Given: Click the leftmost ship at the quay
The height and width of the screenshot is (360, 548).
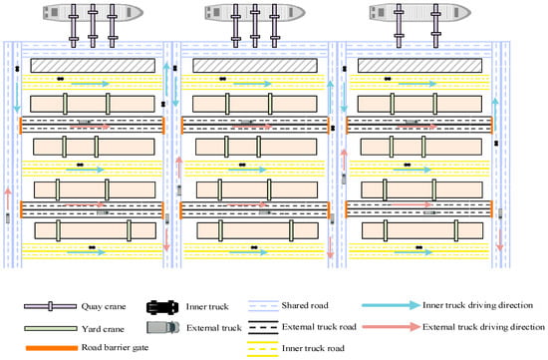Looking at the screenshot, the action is tap(93, 13).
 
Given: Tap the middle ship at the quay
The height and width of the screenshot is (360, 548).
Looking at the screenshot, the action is tap(255, 13).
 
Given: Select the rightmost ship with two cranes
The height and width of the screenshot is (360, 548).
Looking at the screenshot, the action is tap(420, 13).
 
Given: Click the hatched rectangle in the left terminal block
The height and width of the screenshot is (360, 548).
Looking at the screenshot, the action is tap(93, 66).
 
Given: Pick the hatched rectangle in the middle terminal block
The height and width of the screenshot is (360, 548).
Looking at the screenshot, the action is tap(255, 66).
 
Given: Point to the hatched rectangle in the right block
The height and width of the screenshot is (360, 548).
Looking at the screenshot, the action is tap(419, 66).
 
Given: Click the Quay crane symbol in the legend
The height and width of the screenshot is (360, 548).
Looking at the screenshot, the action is tap(51, 306).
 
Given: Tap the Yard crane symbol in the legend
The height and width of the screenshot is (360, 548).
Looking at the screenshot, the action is tap(51, 328).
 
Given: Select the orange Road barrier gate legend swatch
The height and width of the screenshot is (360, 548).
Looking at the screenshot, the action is tap(52, 348).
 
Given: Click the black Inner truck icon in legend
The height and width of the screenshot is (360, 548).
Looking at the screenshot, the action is tap(162, 307).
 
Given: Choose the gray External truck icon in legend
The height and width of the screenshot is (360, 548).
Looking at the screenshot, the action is tap(162, 327).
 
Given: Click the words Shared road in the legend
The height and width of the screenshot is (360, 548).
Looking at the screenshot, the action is tap(305, 305).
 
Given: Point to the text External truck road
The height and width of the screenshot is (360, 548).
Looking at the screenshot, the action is tap(319, 327).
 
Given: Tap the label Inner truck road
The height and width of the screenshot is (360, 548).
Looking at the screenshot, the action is tap(313, 348).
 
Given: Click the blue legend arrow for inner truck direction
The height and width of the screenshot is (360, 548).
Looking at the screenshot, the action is tap(391, 305).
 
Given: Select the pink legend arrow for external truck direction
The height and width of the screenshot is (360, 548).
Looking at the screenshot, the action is tap(391, 327).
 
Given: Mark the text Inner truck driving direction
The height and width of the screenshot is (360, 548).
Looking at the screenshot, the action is tap(477, 305).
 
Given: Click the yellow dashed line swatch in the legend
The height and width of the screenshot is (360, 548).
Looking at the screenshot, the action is tap(263, 349).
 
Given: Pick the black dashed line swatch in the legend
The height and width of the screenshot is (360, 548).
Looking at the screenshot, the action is tap(263, 327).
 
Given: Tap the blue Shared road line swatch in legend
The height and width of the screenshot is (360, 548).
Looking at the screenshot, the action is tap(263, 306).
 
